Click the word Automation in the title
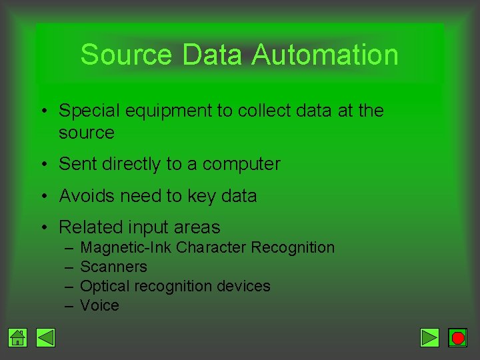click(x=325, y=55)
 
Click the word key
click(x=207, y=197)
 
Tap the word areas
click(x=196, y=227)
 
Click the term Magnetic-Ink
click(x=125, y=248)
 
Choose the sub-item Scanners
click(x=113, y=267)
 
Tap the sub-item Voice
click(x=99, y=305)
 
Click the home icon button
click(x=18, y=338)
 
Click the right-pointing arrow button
click(x=430, y=338)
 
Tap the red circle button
click(x=457, y=338)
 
